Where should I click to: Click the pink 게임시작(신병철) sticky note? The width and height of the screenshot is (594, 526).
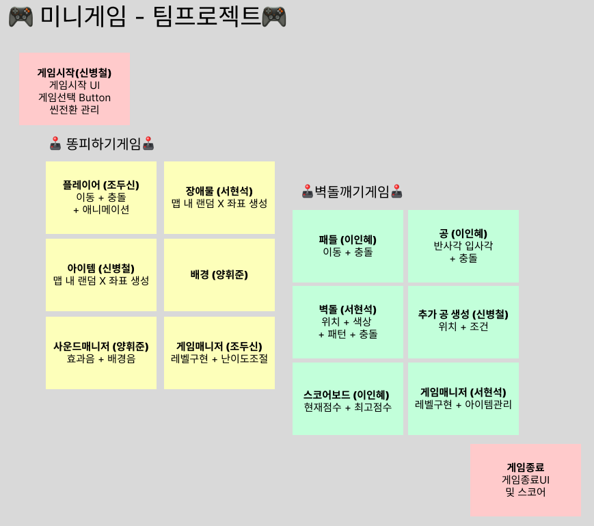click(75, 90)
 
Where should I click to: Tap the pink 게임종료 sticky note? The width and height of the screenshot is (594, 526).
click(525, 480)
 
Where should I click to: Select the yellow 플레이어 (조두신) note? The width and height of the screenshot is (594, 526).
click(101, 198)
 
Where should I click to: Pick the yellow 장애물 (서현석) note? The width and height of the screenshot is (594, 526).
click(219, 198)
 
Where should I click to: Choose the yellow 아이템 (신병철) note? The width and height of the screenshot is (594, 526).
click(101, 275)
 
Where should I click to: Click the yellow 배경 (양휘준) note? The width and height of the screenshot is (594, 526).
click(219, 275)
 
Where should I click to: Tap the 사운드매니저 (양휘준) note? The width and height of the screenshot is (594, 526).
click(101, 352)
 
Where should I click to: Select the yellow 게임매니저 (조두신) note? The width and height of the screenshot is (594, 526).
click(219, 352)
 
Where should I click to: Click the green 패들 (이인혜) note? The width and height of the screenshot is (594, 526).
click(347, 246)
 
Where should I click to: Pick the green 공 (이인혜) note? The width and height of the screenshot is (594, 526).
click(463, 246)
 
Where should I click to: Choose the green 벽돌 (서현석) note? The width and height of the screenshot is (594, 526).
click(347, 321)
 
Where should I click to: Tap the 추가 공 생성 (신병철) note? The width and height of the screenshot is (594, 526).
click(463, 321)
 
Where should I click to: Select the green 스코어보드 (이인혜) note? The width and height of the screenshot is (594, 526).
click(347, 399)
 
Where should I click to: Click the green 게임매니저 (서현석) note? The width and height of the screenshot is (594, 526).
click(463, 399)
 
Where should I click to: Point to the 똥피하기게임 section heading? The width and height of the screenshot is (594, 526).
click(103, 144)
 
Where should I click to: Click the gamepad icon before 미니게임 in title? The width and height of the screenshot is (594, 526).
click(21, 16)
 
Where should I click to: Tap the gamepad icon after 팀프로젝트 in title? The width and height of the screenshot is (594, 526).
click(274, 16)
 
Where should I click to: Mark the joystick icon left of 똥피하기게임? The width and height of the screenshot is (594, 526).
click(56, 144)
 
